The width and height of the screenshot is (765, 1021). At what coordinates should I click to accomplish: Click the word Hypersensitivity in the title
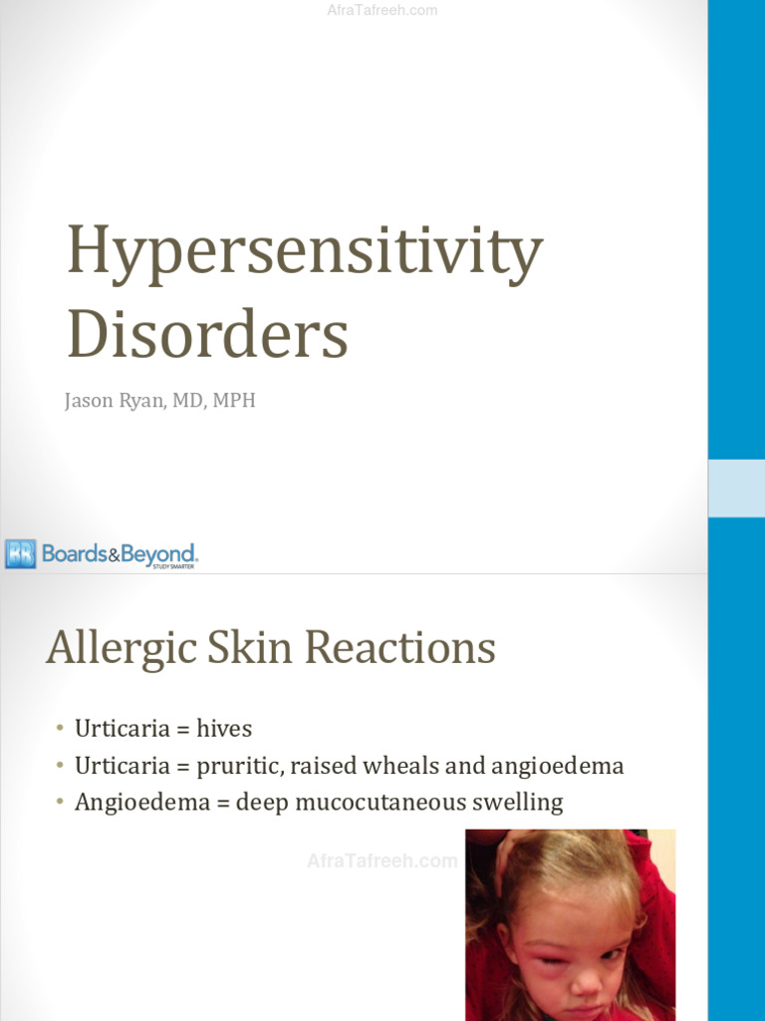tap(304, 253)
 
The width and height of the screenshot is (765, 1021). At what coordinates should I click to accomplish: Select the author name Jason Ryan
tap(112, 402)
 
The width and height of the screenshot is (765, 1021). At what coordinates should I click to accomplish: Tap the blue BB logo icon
tap(20, 553)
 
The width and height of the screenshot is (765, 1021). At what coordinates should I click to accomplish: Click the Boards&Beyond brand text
tap(119, 554)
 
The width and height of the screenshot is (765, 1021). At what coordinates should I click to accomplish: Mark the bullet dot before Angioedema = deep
tap(61, 802)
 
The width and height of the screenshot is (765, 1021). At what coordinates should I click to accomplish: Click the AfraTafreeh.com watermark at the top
tap(382, 11)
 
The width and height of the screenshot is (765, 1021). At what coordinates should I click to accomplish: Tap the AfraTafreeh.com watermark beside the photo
tap(382, 860)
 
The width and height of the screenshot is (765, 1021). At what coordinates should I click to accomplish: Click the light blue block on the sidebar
tap(736, 488)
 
